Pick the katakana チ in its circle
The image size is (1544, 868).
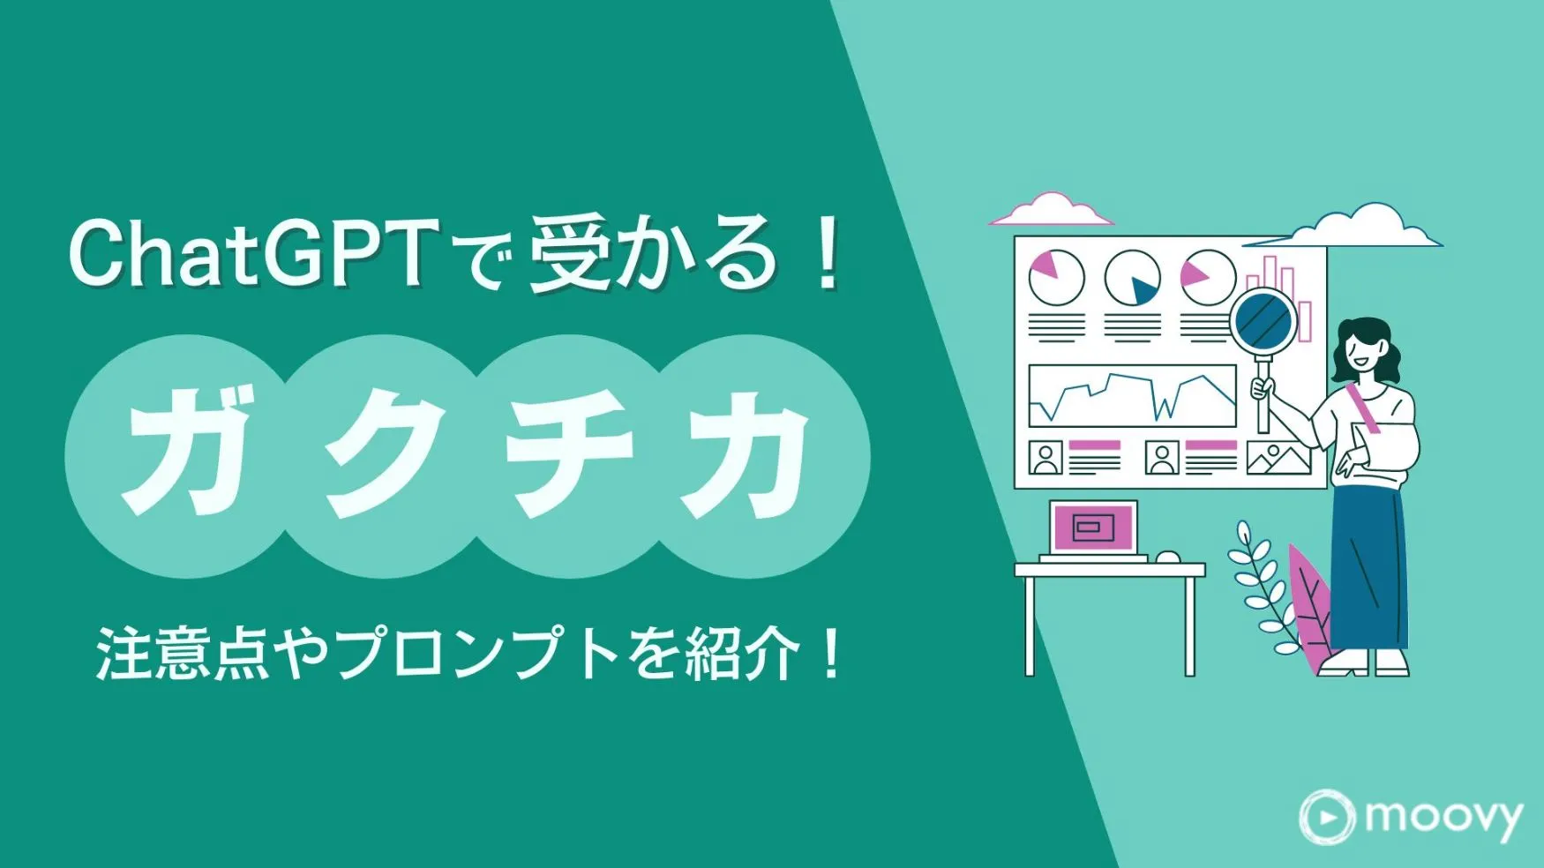(x=569, y=454)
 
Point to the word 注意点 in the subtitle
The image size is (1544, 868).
(x=182, y=655)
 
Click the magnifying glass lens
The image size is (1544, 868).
(x=1263, y=321)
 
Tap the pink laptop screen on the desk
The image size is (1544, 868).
(x=1092, y=528)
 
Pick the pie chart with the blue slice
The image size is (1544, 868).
(x=1132, y=278)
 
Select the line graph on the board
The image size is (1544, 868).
(x=1133, y=396)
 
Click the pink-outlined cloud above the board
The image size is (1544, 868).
(x=1050, y=210)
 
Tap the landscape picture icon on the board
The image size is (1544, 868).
(x=1278, y=457)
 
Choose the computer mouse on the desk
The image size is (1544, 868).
(x=1168, y=557)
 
